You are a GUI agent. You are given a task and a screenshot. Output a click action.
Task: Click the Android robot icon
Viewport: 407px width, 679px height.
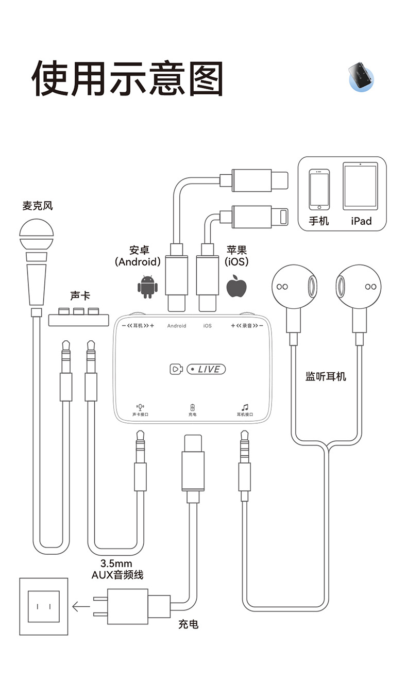[147, 287]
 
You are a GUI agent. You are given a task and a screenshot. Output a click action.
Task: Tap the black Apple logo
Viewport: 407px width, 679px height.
[236, 286]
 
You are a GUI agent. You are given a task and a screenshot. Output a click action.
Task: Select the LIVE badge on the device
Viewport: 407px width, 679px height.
[206, 369]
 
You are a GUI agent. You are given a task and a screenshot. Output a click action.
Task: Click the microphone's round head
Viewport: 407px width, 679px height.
[36, 235]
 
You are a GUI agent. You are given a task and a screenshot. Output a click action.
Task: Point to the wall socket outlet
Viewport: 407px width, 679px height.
[43, 606]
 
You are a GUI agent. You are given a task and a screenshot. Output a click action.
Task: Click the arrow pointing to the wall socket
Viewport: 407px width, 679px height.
[81, 606]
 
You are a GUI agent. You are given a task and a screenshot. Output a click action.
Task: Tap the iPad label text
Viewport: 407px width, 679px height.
[361, 221]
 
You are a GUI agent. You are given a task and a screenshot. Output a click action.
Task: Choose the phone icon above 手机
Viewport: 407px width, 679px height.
[319, 189]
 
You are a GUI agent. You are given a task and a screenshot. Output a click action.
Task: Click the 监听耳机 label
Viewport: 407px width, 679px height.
[326, 376]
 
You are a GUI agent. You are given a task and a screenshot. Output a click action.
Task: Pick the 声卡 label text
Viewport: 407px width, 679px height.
[79, 296]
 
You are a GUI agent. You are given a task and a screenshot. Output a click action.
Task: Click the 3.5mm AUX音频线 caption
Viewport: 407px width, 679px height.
[117, 569]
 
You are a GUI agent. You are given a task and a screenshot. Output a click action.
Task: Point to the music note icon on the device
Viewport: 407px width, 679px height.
[245, 407]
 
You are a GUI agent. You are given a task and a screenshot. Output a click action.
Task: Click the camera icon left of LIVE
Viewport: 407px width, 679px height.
[176, 369]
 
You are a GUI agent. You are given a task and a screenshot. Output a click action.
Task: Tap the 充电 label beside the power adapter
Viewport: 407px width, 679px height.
[188, 624]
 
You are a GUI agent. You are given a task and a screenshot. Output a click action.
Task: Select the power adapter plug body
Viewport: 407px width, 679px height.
[127, 606]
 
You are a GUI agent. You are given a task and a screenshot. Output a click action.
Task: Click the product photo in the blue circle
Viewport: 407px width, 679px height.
[361, 77]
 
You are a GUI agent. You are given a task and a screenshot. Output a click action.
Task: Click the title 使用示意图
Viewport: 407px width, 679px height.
[127, 79]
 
